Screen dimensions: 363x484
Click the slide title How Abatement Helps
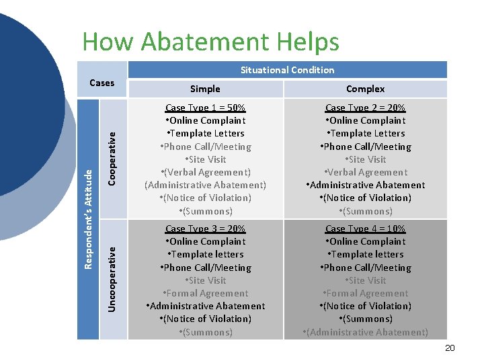[x=210, y=42]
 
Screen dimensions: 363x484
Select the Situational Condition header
[x=287, y=70]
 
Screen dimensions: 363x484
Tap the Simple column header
[x=205, y=89]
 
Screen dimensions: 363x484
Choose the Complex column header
[x=365, y=89]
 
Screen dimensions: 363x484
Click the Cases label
[x=102, y=83]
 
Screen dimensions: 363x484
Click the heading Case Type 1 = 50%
[x=205, y=108]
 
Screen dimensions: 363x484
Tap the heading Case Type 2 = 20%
[x=365, y=108]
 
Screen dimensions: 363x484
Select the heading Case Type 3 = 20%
[x=205, y=229]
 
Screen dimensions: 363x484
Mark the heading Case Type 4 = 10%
[x=365, y=229]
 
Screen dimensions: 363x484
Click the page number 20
[x=450, y=348]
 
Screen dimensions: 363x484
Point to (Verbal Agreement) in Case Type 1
[x=205, y=172]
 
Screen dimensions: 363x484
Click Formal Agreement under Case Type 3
[x=205, y=293]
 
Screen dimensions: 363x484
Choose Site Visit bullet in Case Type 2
[x=365, y=159]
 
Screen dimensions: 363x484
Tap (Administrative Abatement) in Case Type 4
[x=365, y=332]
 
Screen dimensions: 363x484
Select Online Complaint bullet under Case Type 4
[x=365, y=241]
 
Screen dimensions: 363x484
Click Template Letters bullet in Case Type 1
[x=205, y=133]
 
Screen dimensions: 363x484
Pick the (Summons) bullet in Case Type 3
[x=205, y=332]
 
